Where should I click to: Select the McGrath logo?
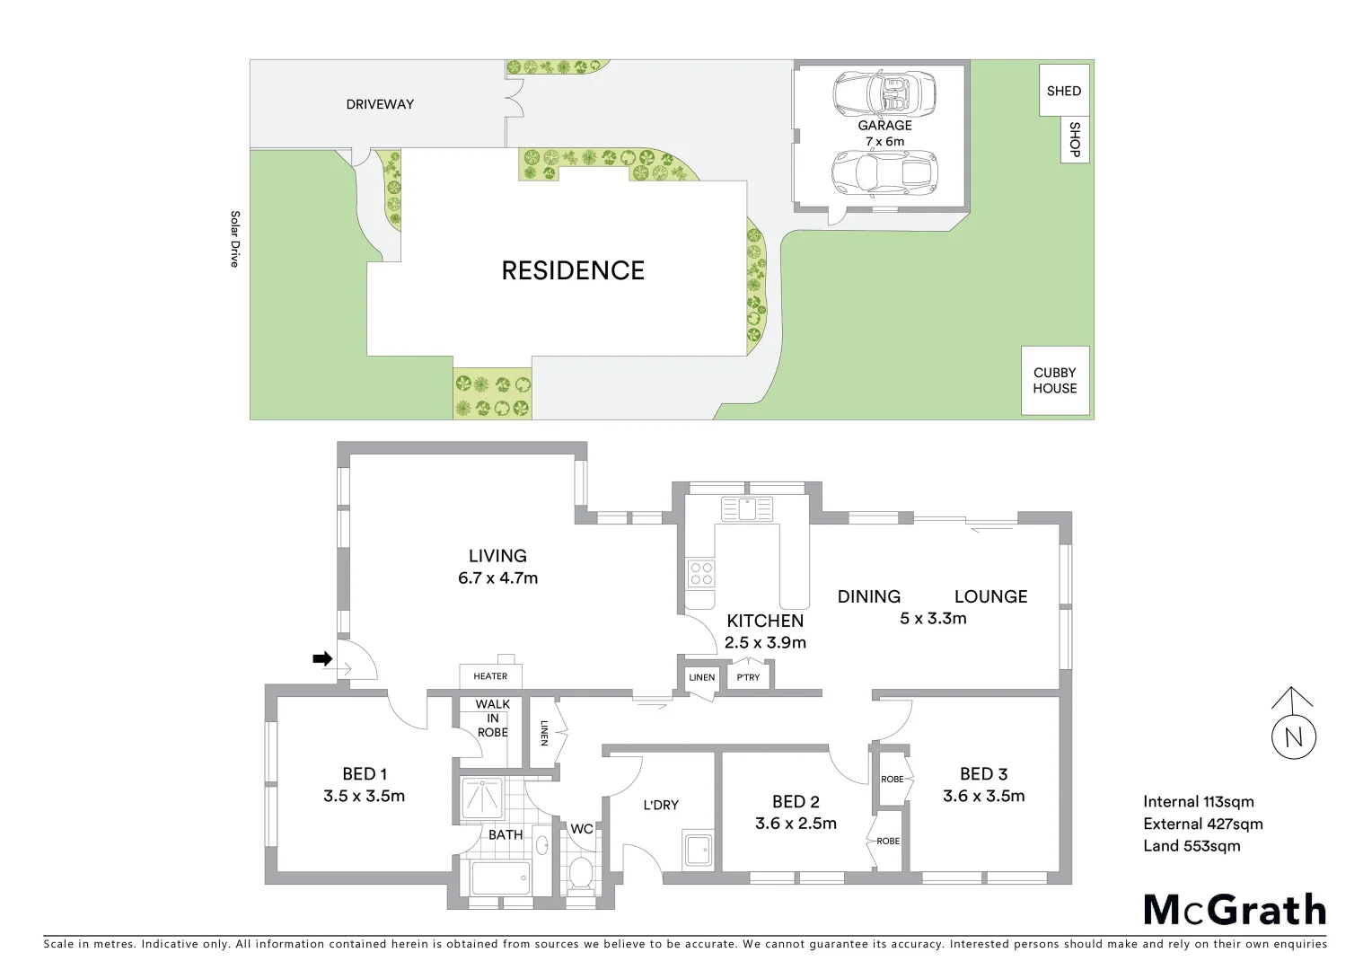pos(1235,910)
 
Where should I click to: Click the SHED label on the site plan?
pos(1064,91)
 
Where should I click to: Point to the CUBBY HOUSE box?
pos(1055,381)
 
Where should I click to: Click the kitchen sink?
pos(746,509)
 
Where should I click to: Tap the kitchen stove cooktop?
pos(700,573)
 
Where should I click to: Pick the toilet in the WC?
pos(581,872)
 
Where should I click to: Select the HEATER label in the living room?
pos(490,676)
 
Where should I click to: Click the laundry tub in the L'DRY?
pos(698,850)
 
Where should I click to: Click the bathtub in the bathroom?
pos(500,877)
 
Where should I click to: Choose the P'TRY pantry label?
pos(748,677)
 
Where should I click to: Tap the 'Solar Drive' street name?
pos(234,239)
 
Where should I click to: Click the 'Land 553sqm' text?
pos(1192,845)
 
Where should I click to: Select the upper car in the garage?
pos(884,92)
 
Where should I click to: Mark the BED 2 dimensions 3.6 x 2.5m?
pos(796,824)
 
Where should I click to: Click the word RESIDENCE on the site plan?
pos(573,270)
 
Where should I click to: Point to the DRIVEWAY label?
pos(380,104)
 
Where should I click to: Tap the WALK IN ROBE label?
pos(492,718)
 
